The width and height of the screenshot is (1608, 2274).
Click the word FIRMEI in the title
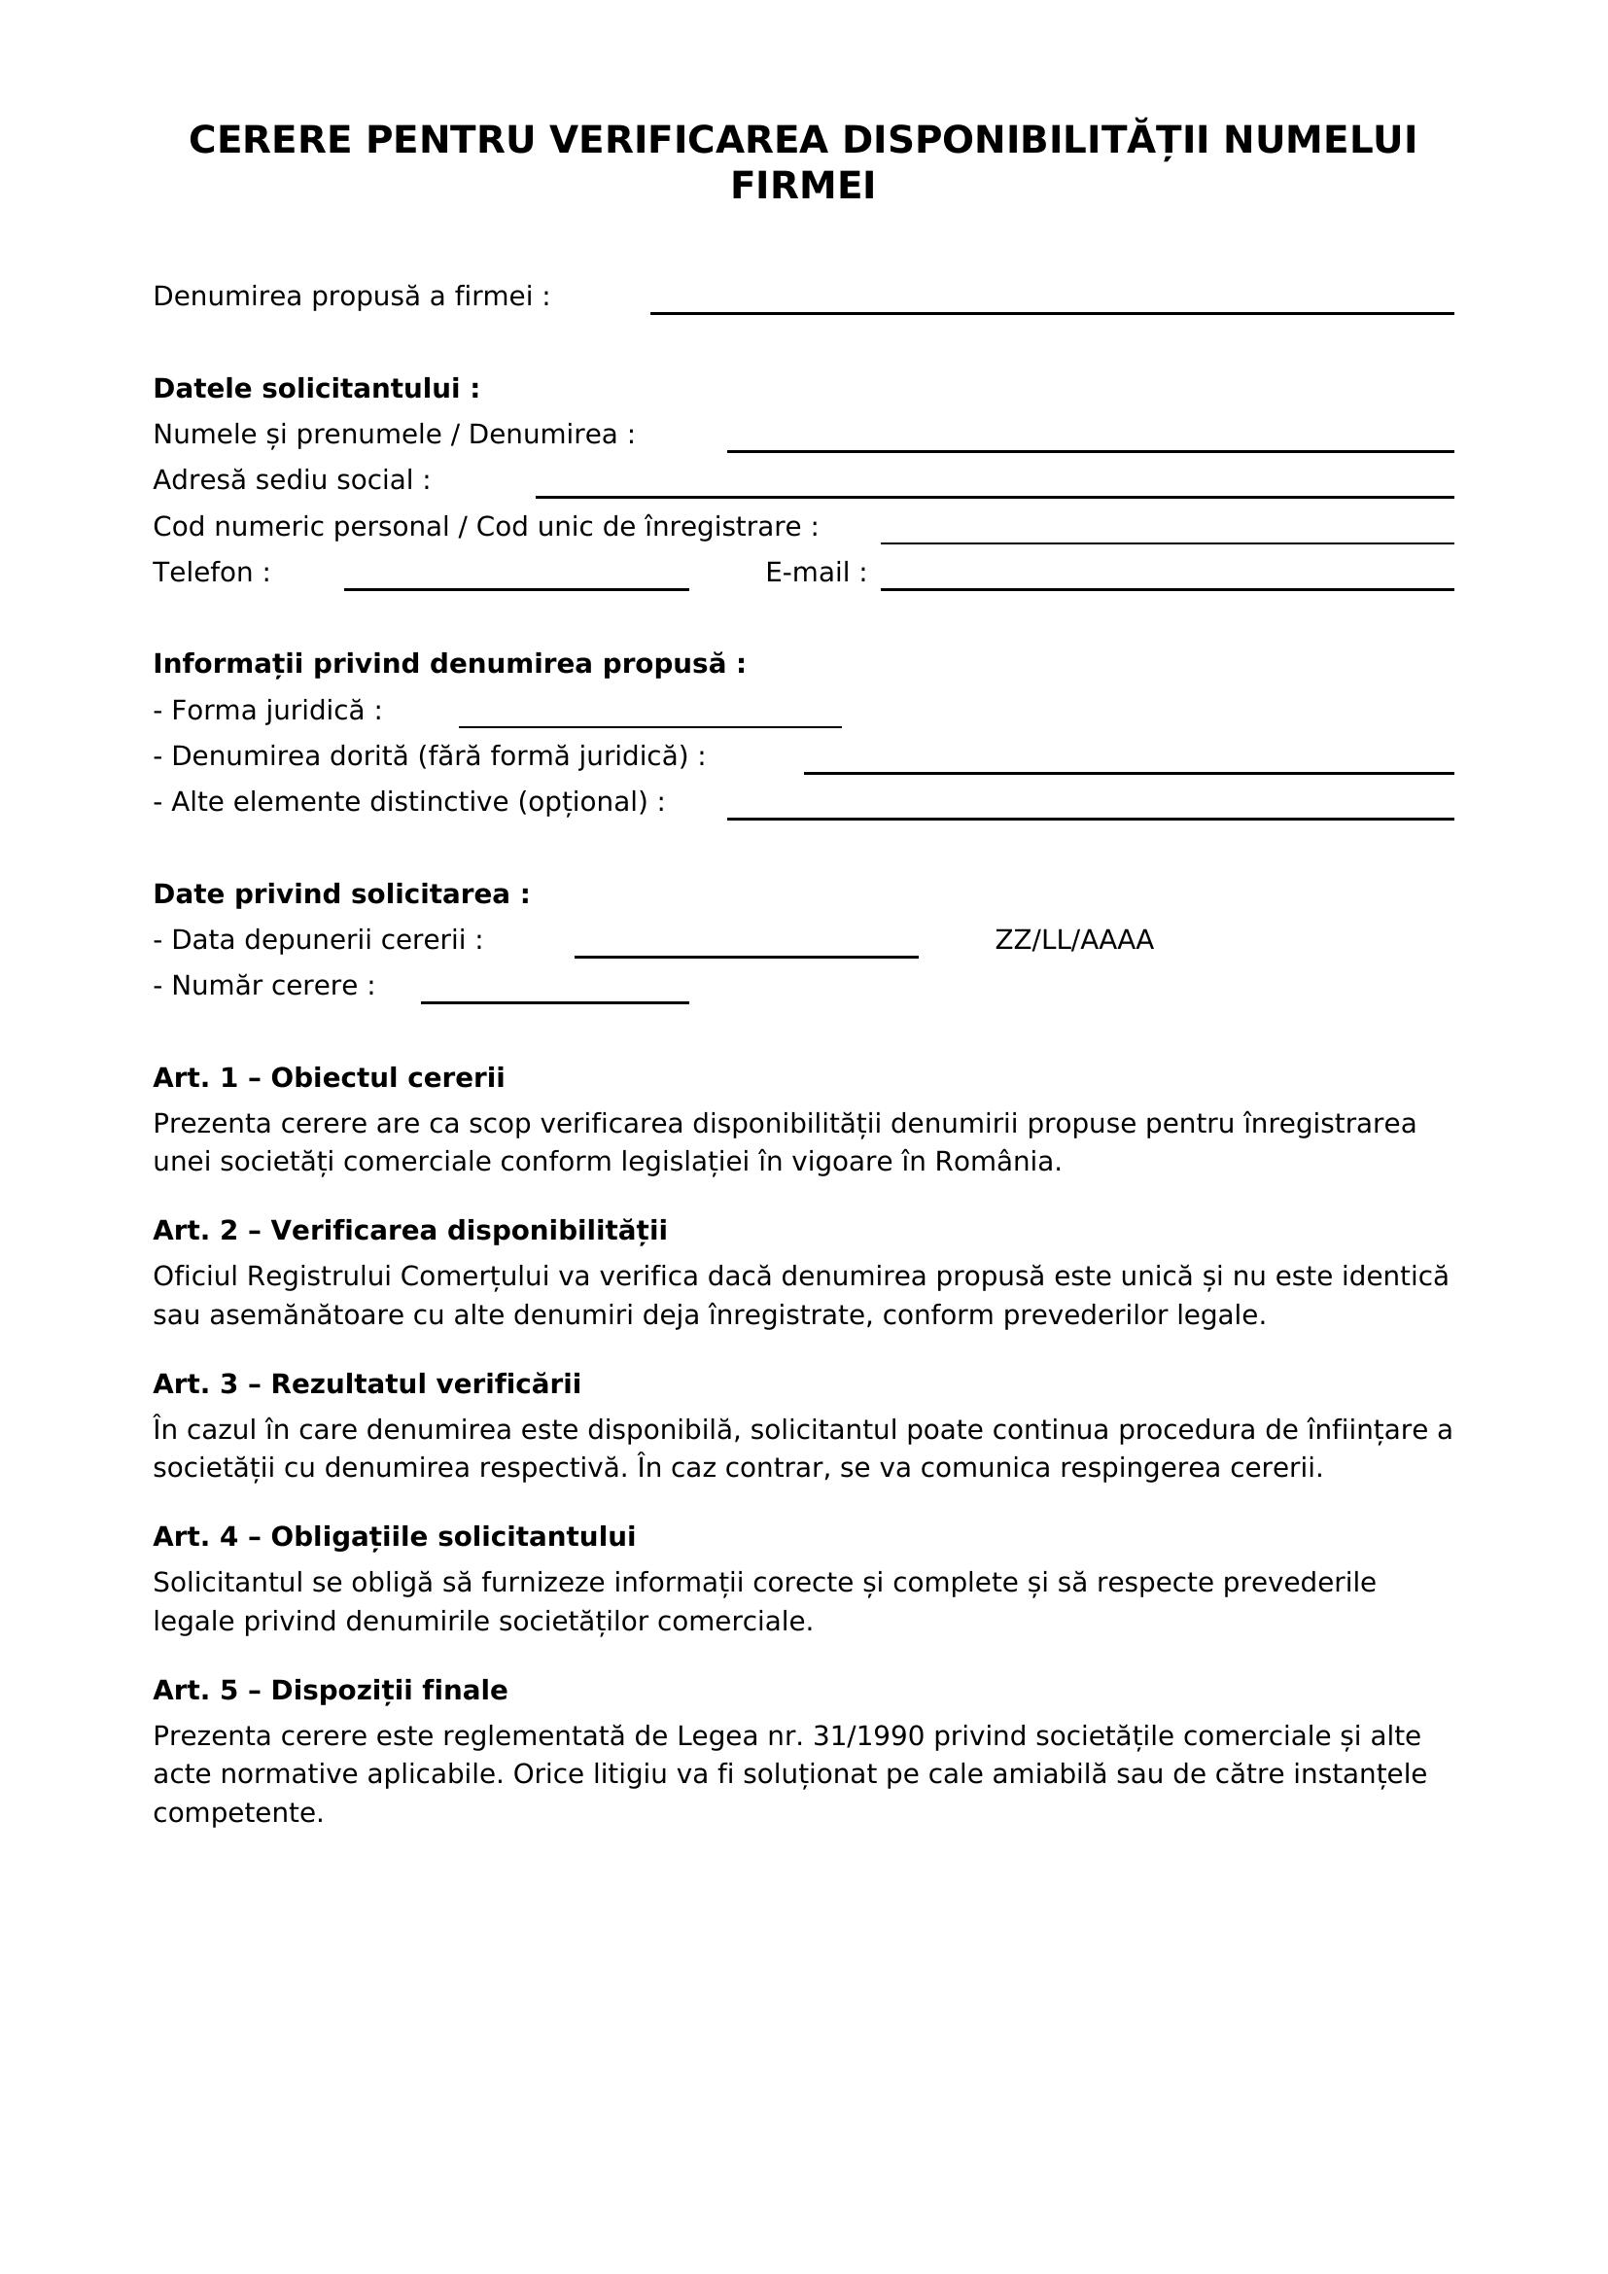[x=803, y=187]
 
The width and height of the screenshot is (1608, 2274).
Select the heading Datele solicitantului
[x=316, y=388]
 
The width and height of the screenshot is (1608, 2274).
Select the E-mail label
[x=816, y=573]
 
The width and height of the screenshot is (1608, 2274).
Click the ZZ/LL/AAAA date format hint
[x=1073, y=940]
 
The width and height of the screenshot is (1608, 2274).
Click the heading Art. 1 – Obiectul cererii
[x=329, y=1077]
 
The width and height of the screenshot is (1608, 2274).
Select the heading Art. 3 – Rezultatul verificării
[x=367, y=1383]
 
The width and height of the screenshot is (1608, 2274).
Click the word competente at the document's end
[x=237, y=1813]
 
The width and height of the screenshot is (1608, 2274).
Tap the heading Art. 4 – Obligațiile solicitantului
[x=394, y=1536]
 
